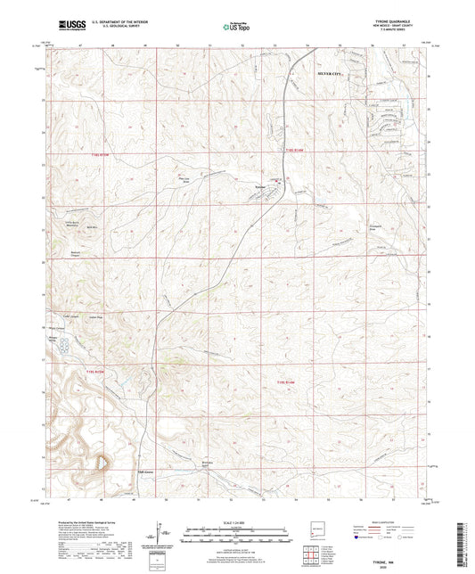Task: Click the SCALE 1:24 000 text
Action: pos(237,522)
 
